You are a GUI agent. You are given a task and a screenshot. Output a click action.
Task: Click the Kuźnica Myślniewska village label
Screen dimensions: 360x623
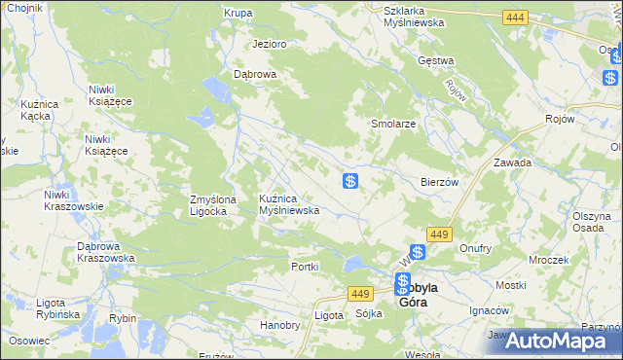(x=289, y=204)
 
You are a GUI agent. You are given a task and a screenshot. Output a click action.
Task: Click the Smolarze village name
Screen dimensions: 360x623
(x=393, y=125)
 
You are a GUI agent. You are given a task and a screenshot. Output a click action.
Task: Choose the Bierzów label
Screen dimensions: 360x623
(x=439, y=182)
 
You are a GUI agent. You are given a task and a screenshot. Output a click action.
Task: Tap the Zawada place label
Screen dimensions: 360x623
(x=512, y=163)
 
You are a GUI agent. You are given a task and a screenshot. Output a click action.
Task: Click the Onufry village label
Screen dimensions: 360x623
(x=475, y=248)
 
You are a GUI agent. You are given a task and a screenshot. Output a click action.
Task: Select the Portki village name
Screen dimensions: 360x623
(x=306, y=267)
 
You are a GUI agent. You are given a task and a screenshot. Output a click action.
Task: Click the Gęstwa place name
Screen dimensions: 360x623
(x=436, y=60)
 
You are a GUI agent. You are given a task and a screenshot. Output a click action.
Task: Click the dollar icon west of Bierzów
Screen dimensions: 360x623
(x=351, y=181)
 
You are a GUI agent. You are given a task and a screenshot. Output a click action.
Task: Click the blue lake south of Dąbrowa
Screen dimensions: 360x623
(x=204, y=119)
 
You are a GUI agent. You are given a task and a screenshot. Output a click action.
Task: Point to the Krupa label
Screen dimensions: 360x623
(x=238, y=14)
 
